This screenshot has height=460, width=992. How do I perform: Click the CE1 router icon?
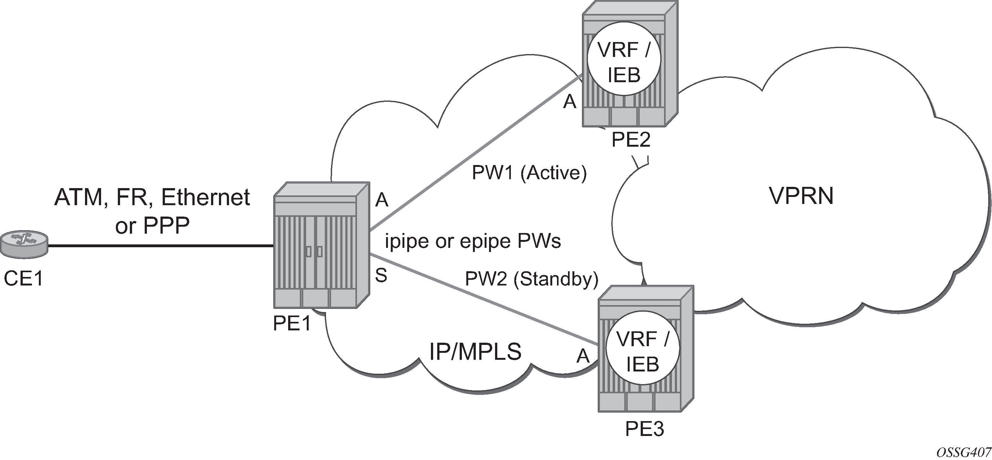point(24,245)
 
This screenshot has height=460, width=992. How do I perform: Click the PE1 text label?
point(292,324)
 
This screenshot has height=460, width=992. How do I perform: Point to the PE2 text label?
point(631,140)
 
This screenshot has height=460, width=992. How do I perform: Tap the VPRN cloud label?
point(801,196)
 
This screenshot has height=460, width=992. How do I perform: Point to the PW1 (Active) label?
point(529,173)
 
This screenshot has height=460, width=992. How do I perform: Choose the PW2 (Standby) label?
point(531,279)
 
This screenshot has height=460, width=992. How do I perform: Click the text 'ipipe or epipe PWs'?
point(473,242)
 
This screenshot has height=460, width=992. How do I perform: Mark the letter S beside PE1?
point(381,276)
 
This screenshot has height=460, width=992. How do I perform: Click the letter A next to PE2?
point(570,102)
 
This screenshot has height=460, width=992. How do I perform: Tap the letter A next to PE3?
point(583,356)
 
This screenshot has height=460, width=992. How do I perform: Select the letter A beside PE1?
point(382,200)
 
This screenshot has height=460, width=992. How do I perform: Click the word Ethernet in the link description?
point(205,198)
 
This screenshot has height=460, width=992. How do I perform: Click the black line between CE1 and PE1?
point(162,245)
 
